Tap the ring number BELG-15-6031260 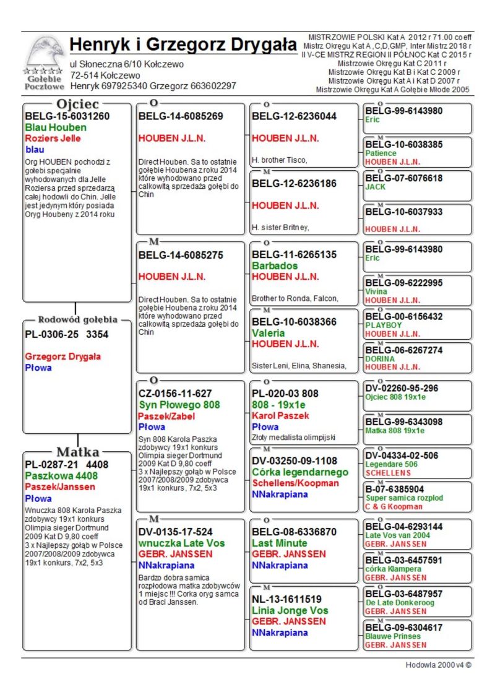click(x=67, y=116)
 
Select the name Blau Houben click(x=56, y=127)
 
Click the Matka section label click(x=78, y=451)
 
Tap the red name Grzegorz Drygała click(x=63, y=356)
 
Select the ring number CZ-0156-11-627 click(x=175, y=393)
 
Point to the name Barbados click(x=275, y=266)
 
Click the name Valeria click(x=268, y=333)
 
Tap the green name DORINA click(x=380, y=358)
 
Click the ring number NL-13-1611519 click(x=286, y=599)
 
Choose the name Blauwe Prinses click(x=393, y=636)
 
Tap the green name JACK click(x=375, y=187)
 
